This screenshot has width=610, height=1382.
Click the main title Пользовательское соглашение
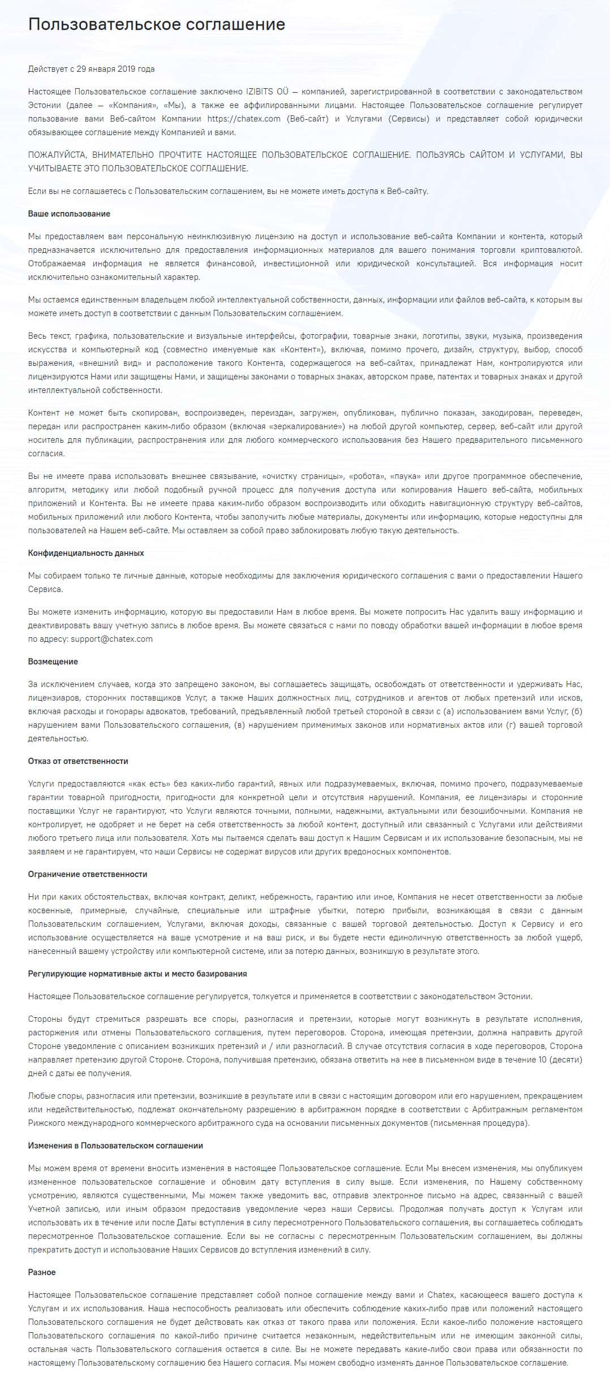(x=157, y=24)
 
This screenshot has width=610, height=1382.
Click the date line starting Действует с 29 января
(x=91, y=69)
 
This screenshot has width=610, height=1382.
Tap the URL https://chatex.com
(x=244, y=119)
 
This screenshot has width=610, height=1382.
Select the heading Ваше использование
(x=69, y=214)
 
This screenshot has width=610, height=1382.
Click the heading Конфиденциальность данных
(x=86, y=553)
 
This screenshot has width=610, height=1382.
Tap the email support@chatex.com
(x=111, y=639)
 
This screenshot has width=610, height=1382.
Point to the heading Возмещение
(x=53, y=662)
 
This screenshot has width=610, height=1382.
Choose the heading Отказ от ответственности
(x=78, y=761)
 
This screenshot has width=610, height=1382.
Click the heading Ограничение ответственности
(x=88, y=874)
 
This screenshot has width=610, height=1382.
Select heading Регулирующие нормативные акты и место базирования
(x=138, y=974)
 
